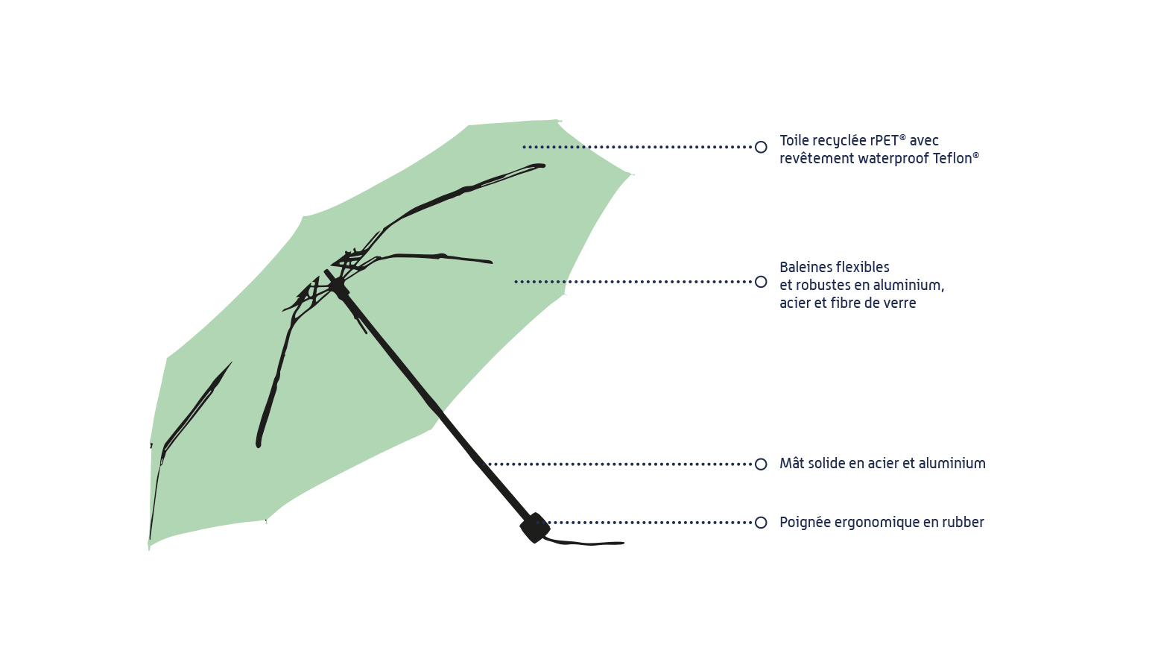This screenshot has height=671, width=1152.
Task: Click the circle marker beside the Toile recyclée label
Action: [x=761, y=147]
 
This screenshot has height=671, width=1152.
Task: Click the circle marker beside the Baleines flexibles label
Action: [x=761, y=282]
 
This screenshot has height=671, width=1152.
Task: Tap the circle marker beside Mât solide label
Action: [x=761, y=464]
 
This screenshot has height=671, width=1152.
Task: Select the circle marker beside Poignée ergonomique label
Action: [x=761, y=523]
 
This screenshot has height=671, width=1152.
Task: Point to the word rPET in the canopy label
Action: [x=884, y=140]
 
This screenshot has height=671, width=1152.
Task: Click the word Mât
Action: [x=791, y=463]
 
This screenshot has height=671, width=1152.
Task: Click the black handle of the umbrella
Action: [x=535, y=528]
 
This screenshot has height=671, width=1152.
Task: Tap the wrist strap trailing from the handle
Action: [x=589, y=543]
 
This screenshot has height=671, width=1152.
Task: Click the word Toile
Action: [x=794, y=140]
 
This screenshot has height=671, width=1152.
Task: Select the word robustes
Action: [x=822, y=285]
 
